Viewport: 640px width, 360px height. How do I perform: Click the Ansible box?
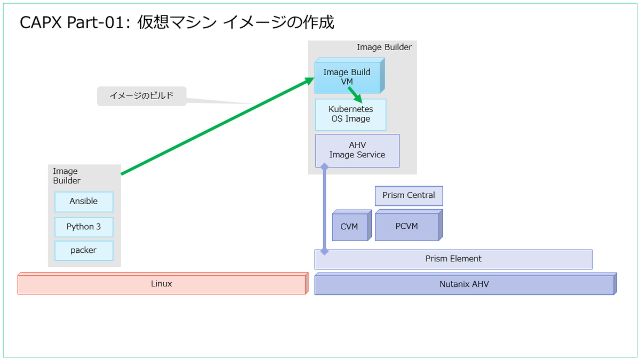(x=84, y=202)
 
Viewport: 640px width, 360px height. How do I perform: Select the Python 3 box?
(x=84, y=227)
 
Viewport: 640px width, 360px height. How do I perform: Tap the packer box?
(x=84, y=251)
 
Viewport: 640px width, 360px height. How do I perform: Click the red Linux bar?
(x=163, y=283)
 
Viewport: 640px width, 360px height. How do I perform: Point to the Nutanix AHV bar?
(x=466, y=284)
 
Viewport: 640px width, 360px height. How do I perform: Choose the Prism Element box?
(x=453, y=259)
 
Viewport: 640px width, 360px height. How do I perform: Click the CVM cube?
(x=351, y=226)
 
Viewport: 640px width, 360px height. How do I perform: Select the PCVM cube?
(x=409, y=226)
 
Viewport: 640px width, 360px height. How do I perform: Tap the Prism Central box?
(x=409, y=196)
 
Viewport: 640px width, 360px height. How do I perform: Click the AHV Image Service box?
(x=357, y=150)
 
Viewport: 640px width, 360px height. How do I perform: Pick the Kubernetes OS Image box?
(x=350, y=115)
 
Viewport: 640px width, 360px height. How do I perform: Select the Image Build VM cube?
(x=349, y=76)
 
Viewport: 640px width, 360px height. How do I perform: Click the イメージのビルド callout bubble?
(x=142, y=96)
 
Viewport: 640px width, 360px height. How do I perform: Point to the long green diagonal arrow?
(x=218, y=126)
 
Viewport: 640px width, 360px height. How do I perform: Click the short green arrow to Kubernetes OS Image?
(x=355, y=95)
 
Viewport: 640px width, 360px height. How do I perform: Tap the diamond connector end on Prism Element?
(x=324, y=251)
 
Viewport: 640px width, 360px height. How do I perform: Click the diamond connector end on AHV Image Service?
(x=324, y=166)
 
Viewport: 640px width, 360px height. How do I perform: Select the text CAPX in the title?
(x=41, y=22)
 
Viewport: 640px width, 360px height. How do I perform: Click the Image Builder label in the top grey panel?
(x=384, y=47)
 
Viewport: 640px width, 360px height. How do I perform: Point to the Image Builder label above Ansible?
(x=67, y=175)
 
